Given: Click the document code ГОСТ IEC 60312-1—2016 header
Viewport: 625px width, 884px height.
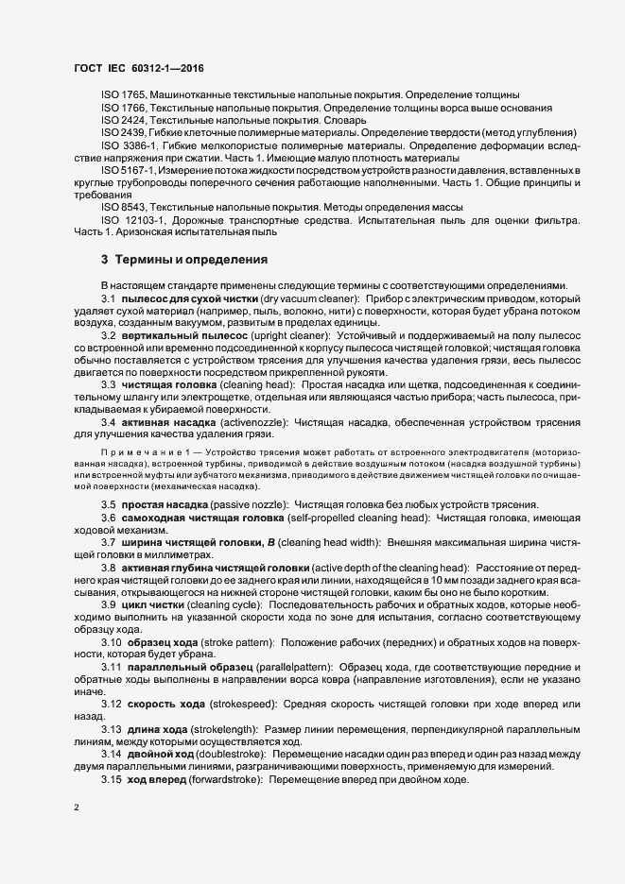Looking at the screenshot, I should coord(138,68).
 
